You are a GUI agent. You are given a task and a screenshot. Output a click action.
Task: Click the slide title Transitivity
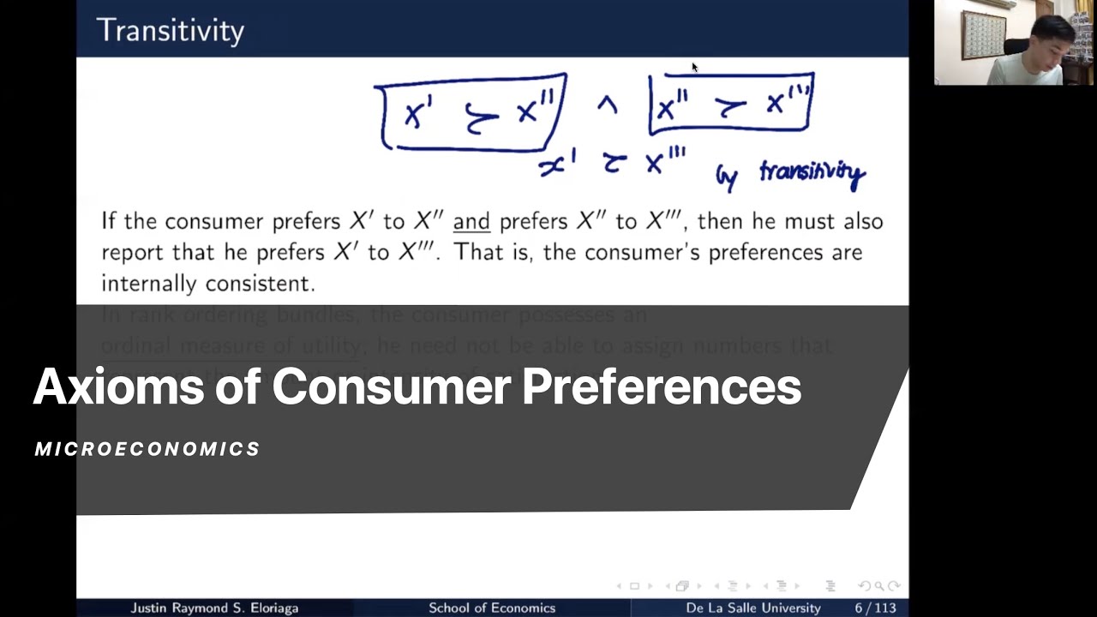tap(171, 31)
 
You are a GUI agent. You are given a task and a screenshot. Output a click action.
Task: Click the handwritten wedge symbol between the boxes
tap(607, 105)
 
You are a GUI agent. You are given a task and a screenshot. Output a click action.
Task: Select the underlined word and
tap(471, 221)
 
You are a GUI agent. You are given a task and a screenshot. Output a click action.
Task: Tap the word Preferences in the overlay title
tap(661, 386)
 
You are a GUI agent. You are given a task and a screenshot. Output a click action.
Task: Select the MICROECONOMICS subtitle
tap(147, 449)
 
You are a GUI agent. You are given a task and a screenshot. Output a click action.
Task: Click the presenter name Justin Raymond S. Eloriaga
tap(214, 608)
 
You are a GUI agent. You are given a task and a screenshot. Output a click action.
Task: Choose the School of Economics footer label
tap(492, 608)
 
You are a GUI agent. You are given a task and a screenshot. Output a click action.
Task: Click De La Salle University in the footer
tap(753, 608)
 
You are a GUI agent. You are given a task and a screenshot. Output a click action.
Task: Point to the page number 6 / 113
tap(875, 608)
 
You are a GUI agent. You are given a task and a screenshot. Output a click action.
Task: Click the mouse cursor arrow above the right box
tap(694, 67)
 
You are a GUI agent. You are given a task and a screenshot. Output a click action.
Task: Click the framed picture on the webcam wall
tap(982, 34)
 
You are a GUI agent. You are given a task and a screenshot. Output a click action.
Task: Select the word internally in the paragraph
tap(149, 283)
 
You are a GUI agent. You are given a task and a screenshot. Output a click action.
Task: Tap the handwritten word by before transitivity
tap(727, 177)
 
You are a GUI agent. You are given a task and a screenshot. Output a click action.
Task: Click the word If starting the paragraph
tap(109, 221)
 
